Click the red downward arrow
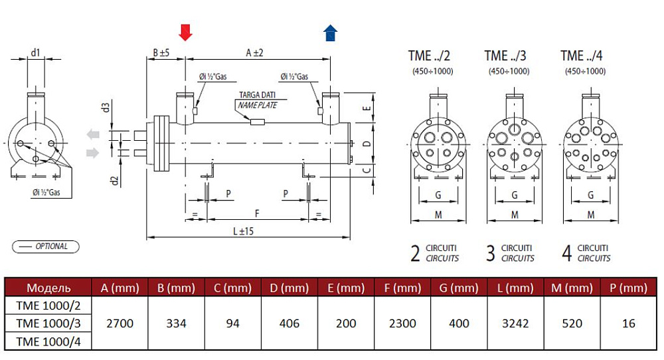pyautogui.click(x=186, y=31)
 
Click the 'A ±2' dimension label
pyautogui.click(x=255, y=51)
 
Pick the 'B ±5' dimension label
pyautogui.click(x=161, y=51)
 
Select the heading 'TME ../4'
pyautogui.click(x=582, y=56)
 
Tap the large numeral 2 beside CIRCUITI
pyautogui.click(x=416, y=253)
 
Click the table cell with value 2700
pyautogui.click(x=120, y=323)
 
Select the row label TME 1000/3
pyautogui.click(x=48, y=323)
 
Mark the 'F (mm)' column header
pyautogui.click(x=402, y=288)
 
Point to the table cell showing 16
pyautogui.click(x=629, y=323)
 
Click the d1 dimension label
pyautogui.click(x=36, y=51)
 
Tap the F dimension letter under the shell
pyautogui.click(x=258, y=213)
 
